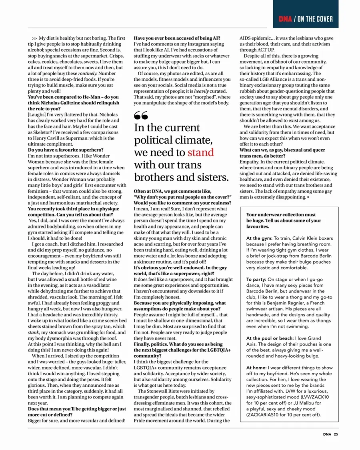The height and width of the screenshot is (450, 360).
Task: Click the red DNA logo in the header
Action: click(x=286, y=19)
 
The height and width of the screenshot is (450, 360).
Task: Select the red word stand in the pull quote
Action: click(x=201, y=152)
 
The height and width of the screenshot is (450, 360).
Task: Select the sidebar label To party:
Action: click(x=256, y=279)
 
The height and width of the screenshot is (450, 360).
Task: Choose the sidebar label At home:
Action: click(x=258, y=367)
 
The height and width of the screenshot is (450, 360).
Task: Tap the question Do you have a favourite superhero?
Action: click(x=66, y=150)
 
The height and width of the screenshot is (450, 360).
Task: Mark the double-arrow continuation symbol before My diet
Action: click(x=34, y=38)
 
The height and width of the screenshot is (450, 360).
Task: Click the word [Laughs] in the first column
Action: click(x=38, y=114)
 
